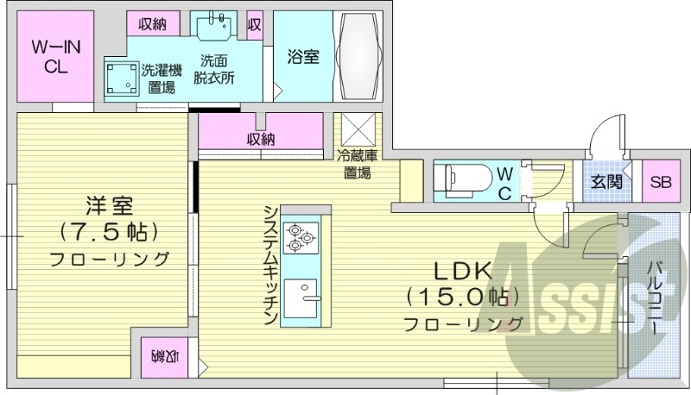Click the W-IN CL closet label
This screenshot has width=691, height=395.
pyautogui.click(x=56, y=57)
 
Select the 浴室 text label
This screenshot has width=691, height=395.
pyautogui.click(x=302, y=57)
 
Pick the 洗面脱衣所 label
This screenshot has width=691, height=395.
pyautogui.click(x=214, y=69)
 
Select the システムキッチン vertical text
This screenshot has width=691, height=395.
pyautogui.click(x=269, y=265)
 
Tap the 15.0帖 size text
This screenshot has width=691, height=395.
pyautogui.click(x=462, y=298)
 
